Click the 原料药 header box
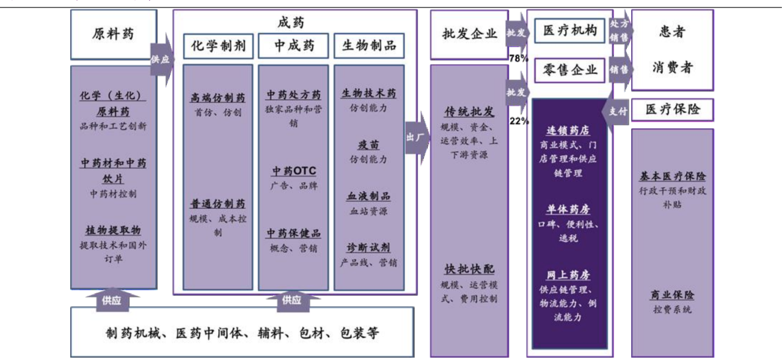(113, 34)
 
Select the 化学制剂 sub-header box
(218, 46)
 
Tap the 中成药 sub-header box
(294, 46)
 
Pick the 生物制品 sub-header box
(369, 46)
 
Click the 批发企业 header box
(469, 34)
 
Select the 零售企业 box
(570, 70)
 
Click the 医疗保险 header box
(673, 110)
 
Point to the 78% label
(519, 59)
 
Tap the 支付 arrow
(618, 111)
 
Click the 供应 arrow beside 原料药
(161, 60)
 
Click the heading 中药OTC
(294, 171)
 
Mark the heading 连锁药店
(568, 131)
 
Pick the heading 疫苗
(368, 145)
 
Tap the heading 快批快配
(469, 270)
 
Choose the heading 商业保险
(672, 295)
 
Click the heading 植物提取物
(113, 230)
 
